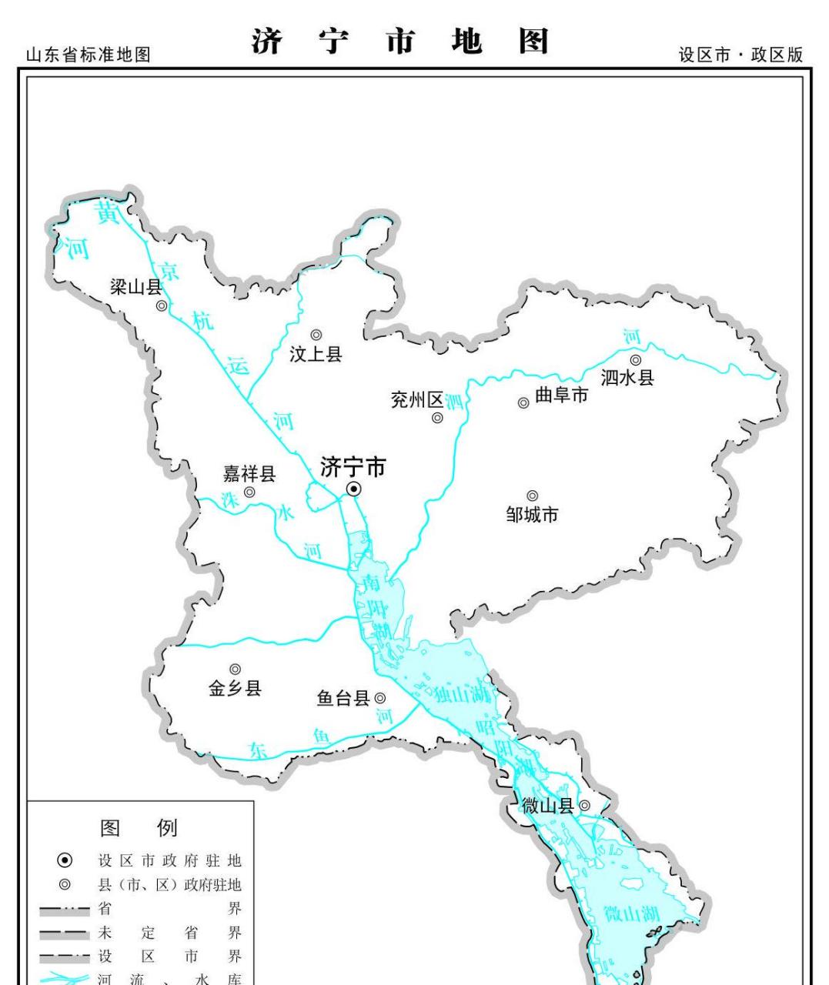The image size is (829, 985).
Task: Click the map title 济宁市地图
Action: tap(399, 43)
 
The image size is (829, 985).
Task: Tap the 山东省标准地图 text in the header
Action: tap(88, 55)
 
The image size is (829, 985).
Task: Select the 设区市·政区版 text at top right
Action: tap(740, 55)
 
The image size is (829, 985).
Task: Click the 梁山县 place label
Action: tap(135, 288)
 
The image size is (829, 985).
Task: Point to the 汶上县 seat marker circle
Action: tap(316, 334)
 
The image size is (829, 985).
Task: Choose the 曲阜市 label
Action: tap(561, 396)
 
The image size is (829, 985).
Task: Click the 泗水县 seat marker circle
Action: tap(636, 359)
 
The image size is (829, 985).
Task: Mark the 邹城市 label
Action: tap(532, 514)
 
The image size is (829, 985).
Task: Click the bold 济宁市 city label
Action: tap(353, 467)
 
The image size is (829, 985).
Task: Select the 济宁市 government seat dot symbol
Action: tap(353, 489)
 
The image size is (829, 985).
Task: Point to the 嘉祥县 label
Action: tap(249, 473)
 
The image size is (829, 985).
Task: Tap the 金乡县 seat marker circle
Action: tap(235, 669)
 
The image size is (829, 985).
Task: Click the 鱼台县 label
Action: tap(343, 698)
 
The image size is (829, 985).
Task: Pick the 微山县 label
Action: tap(547, 806)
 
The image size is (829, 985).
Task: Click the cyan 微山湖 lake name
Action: tap(631, 914)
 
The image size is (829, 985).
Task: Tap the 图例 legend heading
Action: tap(139, 828)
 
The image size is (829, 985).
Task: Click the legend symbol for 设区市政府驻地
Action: tap(65, 860)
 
